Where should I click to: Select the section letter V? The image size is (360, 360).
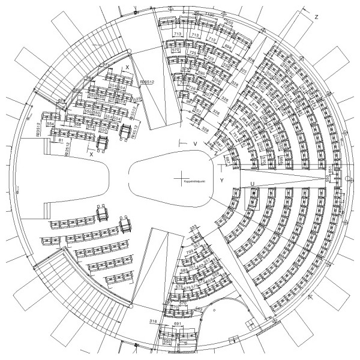195,145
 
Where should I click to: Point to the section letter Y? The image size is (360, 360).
221,179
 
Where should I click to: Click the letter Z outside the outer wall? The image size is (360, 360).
316,17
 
